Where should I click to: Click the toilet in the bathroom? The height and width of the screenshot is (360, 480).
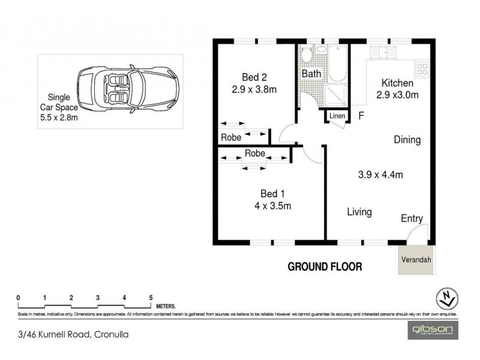point(306,56)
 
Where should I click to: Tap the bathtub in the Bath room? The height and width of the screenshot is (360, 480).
point(336,63)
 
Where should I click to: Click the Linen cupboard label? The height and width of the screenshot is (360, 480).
point(335,115)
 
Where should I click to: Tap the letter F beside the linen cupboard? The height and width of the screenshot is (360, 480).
point(361,115)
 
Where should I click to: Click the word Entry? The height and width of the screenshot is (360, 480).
point(412,219)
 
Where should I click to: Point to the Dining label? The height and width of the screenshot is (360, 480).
point(407,140)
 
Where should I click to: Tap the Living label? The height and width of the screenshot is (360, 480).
point(359,212)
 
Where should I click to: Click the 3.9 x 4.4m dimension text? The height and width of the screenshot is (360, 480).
point(380,175)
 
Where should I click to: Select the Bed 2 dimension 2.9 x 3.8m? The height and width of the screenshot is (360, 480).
point(254,90)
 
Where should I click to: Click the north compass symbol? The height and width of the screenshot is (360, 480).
point(446,296)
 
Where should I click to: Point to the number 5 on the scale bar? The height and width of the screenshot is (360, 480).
point(151,298)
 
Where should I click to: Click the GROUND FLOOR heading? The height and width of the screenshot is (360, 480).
point(325,266)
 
